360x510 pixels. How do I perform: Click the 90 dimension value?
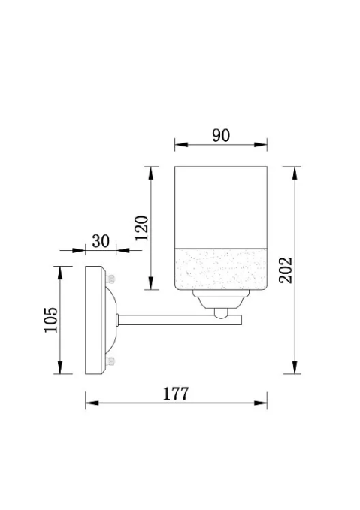221,135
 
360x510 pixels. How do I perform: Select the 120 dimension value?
142,228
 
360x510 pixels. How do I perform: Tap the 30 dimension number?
101,241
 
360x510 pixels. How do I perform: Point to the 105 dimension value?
51,320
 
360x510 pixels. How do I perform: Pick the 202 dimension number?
286,270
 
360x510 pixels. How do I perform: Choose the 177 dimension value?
175,394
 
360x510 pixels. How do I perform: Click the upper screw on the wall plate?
110,279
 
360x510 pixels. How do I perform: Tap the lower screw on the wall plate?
110,361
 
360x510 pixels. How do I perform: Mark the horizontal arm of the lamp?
180,320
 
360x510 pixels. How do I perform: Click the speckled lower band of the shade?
221,269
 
